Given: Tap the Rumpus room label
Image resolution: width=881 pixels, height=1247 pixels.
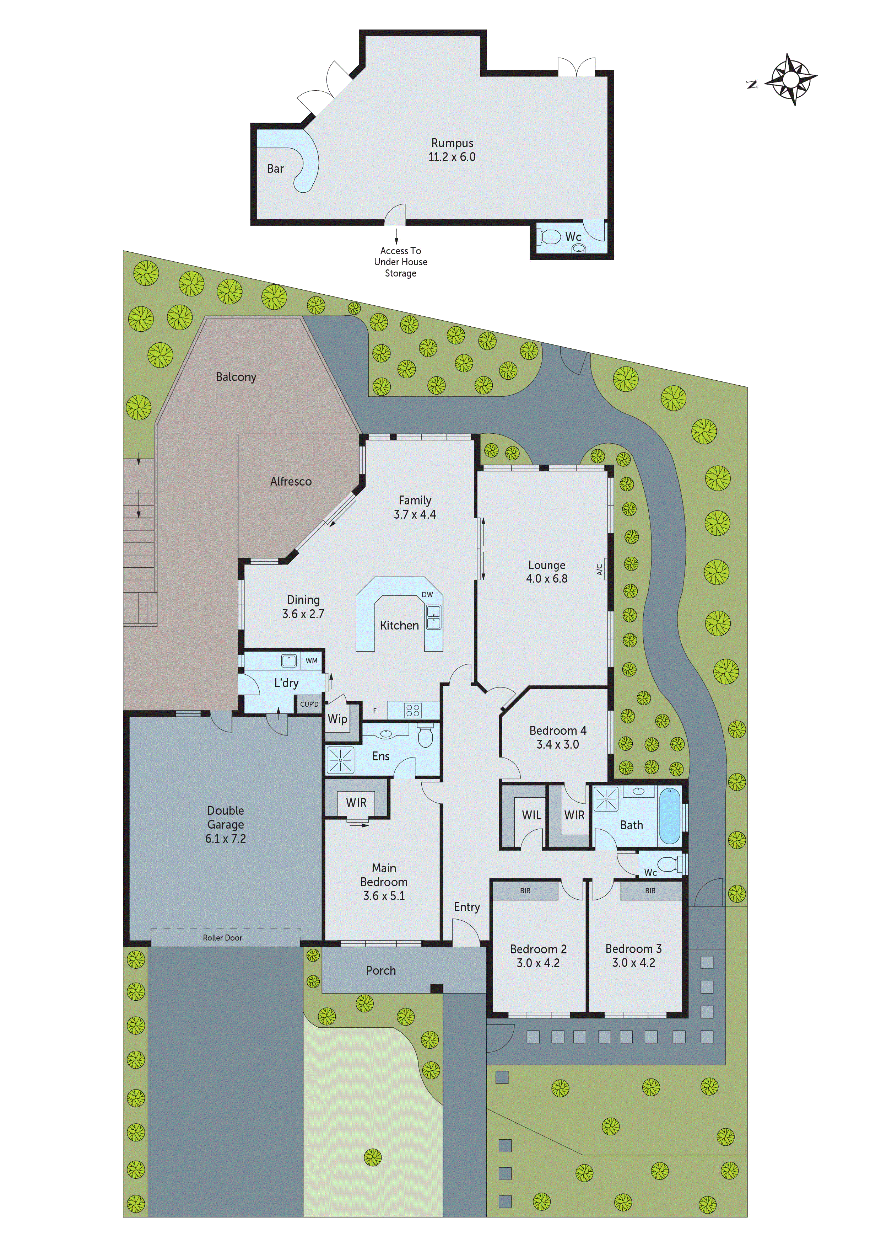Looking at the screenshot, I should click(x=452, y=143).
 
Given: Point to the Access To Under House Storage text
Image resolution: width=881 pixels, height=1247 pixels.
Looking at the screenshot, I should click(x=401, y=262).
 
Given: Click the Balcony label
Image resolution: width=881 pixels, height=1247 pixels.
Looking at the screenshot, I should click(x=236, y=377).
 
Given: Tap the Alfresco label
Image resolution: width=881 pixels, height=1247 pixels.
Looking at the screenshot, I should click(x=291, y=481).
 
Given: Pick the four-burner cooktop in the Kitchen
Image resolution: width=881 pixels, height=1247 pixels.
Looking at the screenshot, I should click(x=412, y=710).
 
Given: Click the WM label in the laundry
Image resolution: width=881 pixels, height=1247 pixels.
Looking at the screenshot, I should click(x=311, y=660).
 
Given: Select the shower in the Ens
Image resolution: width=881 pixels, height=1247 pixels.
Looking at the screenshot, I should click(x=340, y=760).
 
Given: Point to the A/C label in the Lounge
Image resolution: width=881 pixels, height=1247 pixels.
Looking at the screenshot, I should click(x=600, y=569).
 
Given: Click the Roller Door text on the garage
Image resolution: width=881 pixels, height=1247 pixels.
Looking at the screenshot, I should click(x=222, y=938).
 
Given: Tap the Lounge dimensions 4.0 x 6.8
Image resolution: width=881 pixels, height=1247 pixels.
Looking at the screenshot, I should click(x=547, y=579).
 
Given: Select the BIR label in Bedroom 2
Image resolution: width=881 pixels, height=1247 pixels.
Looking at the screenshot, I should click(x=525, y=891).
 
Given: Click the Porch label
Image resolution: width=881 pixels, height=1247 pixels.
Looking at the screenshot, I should click(x=380, y=970).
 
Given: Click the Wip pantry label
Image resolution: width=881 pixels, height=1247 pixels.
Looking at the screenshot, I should click(x=337, y=718).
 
